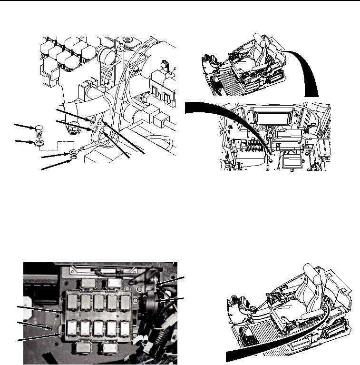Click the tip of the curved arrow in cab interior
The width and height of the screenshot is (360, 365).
point(272,155)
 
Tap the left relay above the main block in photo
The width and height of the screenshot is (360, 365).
point(88,284)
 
